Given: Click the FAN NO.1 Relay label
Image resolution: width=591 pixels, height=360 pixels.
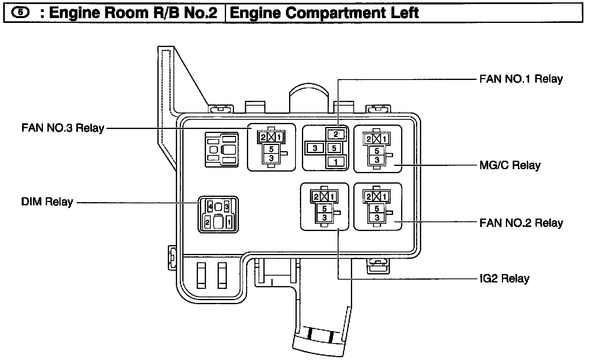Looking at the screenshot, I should point(521,79).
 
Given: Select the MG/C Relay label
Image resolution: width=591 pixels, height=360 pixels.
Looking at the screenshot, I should point(510,166).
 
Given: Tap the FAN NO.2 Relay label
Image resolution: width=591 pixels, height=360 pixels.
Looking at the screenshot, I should point(521,223).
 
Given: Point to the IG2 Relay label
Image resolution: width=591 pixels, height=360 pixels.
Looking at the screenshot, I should point(504,278).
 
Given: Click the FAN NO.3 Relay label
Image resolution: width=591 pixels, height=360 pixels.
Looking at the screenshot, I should point(63,129).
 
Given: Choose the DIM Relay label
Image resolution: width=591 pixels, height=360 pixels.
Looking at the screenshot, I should point(47,202).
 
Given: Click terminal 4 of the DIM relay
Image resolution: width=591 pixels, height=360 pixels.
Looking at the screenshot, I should point(210,207).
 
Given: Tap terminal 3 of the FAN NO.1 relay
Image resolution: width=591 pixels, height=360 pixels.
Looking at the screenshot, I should point(315,148).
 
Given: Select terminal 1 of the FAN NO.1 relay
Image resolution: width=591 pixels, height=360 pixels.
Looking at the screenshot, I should point(336,162).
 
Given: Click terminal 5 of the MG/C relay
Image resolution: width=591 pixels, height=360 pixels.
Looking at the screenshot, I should point(377,151).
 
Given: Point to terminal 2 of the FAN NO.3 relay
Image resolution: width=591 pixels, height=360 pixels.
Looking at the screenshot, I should point(263,137).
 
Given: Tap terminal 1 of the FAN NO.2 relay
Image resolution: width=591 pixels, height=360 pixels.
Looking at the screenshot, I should point(385,197).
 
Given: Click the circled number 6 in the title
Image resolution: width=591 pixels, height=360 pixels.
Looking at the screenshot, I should point(20,13).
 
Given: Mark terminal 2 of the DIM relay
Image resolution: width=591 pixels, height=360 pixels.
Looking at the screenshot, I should point(208,222).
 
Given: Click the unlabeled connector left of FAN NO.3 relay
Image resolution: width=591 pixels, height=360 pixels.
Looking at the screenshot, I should point(222,149).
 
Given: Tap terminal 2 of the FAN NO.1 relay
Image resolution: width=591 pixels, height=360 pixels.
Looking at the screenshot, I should point(336,135).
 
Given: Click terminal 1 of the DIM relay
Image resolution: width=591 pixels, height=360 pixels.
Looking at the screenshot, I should point(229,222).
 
